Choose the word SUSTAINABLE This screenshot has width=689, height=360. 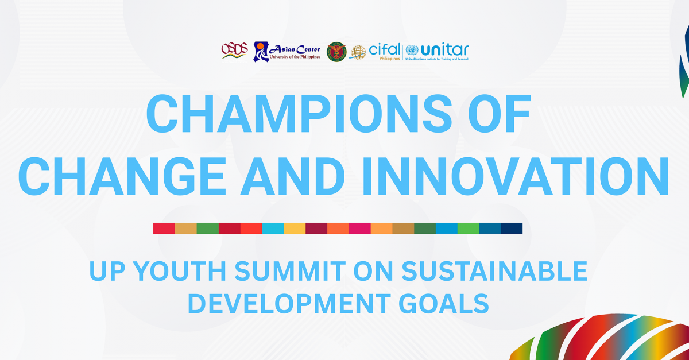click(494, 271)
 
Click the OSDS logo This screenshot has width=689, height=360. click(234, 51)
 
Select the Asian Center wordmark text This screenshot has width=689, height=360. click(295, 49)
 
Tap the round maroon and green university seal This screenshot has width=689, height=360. click(336, 52)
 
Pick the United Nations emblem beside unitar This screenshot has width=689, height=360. click(412, 50)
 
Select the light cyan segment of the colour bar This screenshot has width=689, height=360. click(273, 228)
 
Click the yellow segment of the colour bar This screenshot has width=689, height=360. click(295, 228)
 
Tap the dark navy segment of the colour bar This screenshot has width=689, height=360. click(512, 228)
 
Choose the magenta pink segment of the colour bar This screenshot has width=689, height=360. click(359, 228)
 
